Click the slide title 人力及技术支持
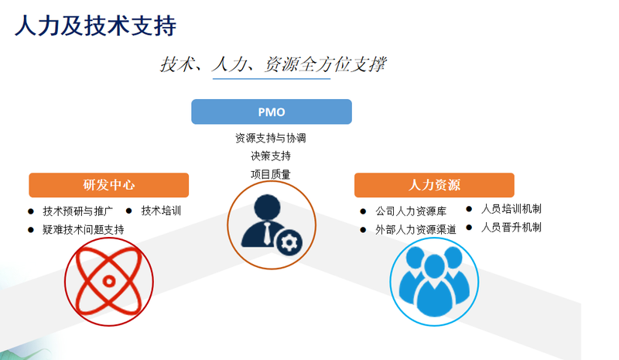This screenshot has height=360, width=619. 95,26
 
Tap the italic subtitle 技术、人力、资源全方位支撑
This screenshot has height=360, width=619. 273,64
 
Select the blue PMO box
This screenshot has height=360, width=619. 272,111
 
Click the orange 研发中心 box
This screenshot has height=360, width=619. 108,185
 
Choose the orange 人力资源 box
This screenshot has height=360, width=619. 434,185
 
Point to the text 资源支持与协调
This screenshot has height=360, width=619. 271,138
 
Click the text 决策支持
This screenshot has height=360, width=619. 271,156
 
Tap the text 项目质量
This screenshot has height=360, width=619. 271,174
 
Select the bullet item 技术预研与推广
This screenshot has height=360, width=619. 78,211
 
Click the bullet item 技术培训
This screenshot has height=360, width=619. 161,211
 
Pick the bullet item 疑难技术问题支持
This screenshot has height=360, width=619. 84,230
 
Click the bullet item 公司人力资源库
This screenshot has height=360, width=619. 411,211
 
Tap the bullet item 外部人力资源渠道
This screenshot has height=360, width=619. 416,230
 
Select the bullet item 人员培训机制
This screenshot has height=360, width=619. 511,209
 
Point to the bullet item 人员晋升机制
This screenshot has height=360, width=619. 511,227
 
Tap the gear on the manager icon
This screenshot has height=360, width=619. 289,242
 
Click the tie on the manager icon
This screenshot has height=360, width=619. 267,233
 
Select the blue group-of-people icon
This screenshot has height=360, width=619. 434,281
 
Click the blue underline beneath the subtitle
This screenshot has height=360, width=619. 272,79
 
